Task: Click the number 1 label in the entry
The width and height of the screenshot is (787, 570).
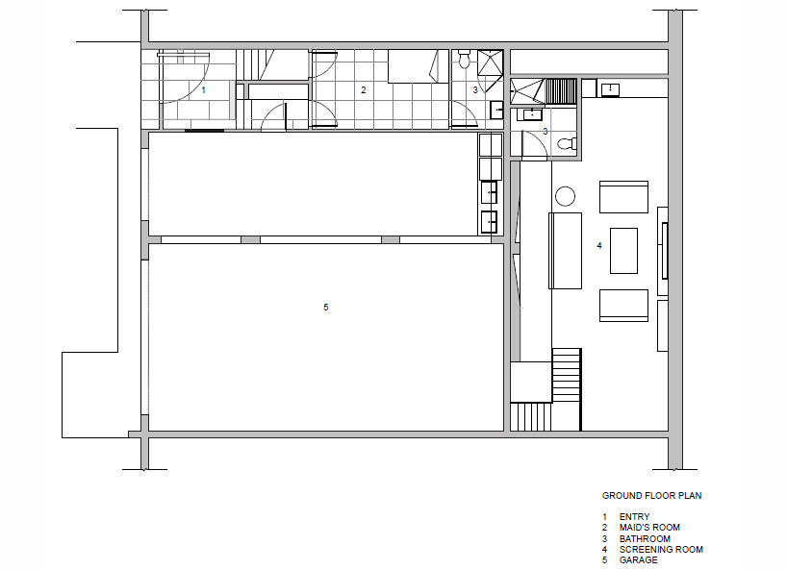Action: point(203,90)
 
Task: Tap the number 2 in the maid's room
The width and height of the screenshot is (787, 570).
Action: point(364,90)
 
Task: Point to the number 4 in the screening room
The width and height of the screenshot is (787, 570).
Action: point(598,246)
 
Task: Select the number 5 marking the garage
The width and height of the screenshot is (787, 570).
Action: point(326,307)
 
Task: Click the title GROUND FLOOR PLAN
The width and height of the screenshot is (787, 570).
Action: point(651,496)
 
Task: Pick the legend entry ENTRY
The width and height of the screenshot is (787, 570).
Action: point(634,517)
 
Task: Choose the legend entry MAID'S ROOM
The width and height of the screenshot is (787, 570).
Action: point(649,528)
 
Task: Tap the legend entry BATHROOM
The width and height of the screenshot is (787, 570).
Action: point(645,539)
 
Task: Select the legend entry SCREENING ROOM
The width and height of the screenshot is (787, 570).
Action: point(661,550)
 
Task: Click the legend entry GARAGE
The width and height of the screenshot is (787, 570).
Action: point(639,560)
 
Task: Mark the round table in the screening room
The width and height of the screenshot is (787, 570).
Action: point(565,196)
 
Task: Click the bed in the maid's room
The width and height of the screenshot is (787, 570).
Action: point(419,66)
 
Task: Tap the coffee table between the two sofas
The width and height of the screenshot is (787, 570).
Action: point(623,251)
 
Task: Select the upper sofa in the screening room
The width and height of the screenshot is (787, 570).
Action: point(623,197)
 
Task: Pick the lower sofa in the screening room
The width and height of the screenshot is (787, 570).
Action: point(623,306)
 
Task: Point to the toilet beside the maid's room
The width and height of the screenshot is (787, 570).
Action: point(464,60)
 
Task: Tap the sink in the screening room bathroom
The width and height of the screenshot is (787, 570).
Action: point(531,114)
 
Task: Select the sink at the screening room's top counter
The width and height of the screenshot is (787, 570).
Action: point(610,89)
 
